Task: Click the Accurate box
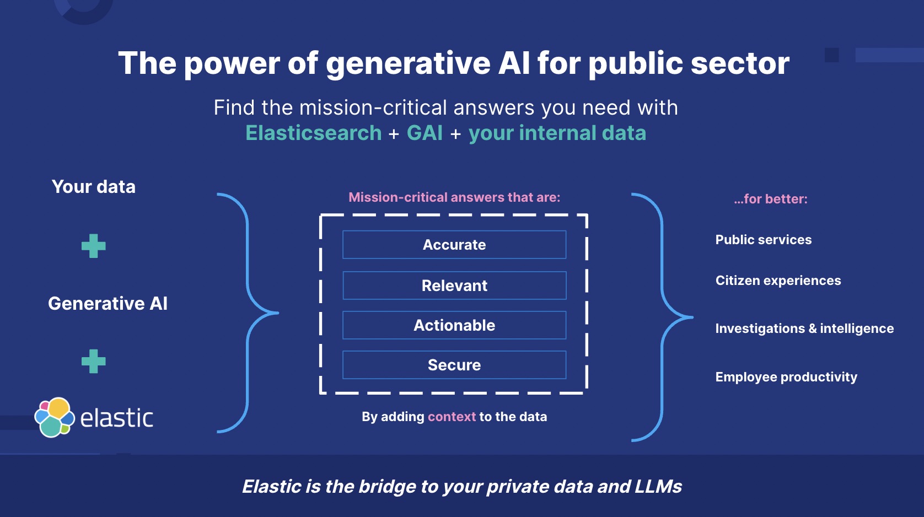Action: [x=454, y=245]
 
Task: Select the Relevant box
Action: [x=454, y=286]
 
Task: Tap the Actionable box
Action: [x=454, y=325]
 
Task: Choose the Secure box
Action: [x=454, y=365]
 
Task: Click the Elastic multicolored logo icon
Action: [x=54, y=417]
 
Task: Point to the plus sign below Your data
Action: [x=93, y=246]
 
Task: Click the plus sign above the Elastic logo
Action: [x=93, y=362]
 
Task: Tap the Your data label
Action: [x=94, y=187]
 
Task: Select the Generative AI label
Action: [x=108, y=304]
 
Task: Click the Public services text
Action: [x=763, y=240]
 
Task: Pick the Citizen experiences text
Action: [x=778, y=281]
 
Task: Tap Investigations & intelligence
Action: [x=804, y=328]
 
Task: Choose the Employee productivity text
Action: [x=786, y=377]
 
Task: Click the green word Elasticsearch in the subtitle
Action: [x=313, y=133]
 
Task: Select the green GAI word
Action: [x=425, y=133]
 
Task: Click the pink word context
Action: [x=452, y=417]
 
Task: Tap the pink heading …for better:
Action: [x=770, y=199]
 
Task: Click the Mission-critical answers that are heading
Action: [x=454, y=197]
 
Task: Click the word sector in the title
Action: [x=740, y=63]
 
